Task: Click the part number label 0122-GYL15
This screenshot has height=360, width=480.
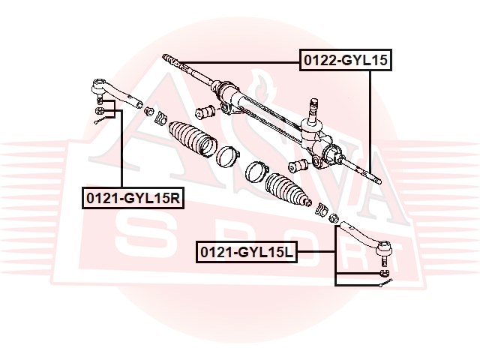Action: (x=345, y=60)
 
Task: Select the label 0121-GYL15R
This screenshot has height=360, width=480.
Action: (x=133, y=198)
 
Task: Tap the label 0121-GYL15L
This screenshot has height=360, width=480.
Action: (x=247, y=252)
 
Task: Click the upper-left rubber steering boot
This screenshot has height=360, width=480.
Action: (x=193, y=139)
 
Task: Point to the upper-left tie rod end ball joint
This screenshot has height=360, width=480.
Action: (x=117, y=92)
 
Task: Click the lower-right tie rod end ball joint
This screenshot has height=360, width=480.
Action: (x=367, y=239)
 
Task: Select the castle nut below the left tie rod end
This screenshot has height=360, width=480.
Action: (x=100, y=110)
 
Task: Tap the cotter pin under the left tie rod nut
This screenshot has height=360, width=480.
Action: (x=100, y=121)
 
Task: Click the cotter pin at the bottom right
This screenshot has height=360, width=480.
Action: (x=385, y=283)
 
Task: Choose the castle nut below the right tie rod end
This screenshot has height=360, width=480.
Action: (x=384, y=273)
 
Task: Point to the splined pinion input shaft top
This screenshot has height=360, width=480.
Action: (x=313, y=106)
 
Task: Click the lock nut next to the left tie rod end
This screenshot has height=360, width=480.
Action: (x=149, y=111)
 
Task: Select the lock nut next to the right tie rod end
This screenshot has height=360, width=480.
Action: (x=333, y=218)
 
